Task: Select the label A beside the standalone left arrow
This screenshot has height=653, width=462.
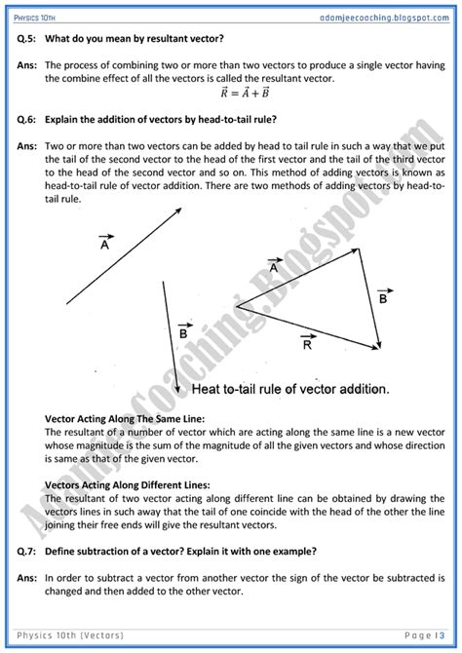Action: [103, 245]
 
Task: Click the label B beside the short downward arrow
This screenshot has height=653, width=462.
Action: [182, 333]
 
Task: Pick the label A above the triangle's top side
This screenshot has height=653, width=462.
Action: [275, 266]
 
